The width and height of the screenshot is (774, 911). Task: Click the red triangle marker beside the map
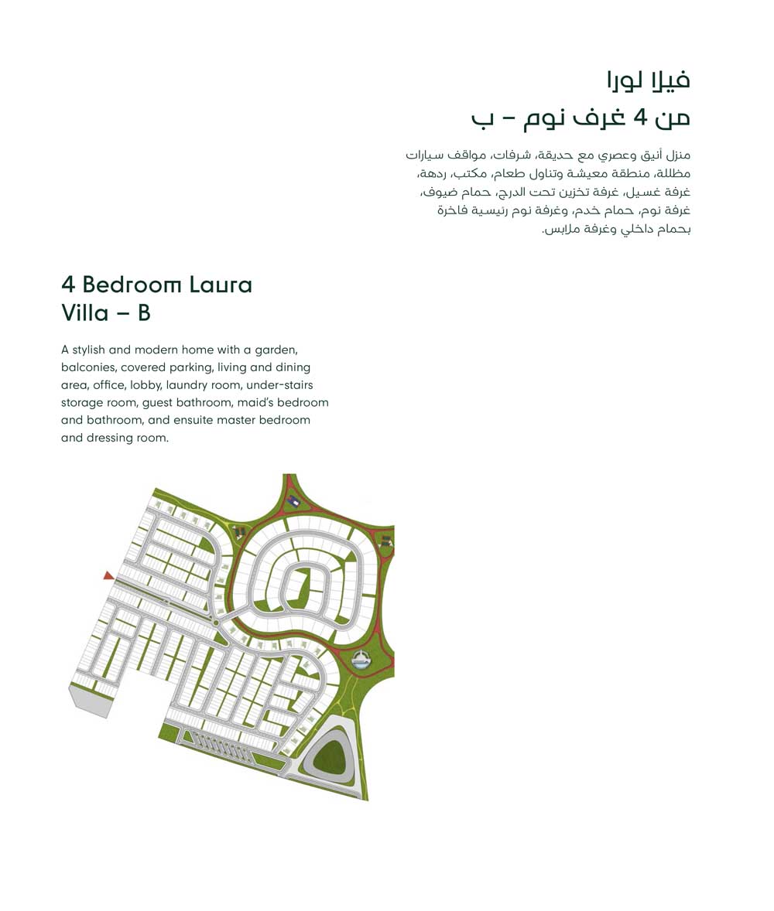click(108, 575)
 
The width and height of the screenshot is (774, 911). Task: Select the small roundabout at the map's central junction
click(216, 623)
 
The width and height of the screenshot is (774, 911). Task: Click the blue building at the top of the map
click(293, 502)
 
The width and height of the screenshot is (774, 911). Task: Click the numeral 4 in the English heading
click(68, 285)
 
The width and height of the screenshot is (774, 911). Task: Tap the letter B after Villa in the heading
click(144, 313)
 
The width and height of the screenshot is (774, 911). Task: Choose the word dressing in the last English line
click(111, 438)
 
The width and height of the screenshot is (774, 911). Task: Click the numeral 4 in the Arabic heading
click(640, 118)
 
